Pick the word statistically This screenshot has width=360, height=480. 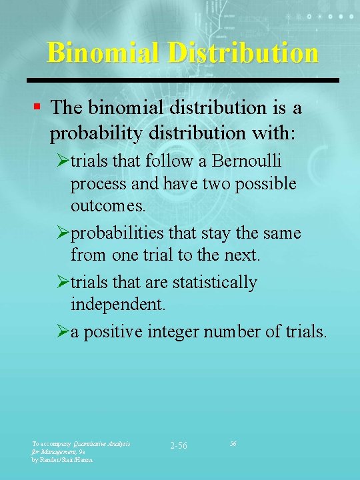pos(214,283)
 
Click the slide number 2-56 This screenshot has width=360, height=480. pos(178,445)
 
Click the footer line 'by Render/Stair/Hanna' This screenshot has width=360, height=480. pos(63,459)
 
